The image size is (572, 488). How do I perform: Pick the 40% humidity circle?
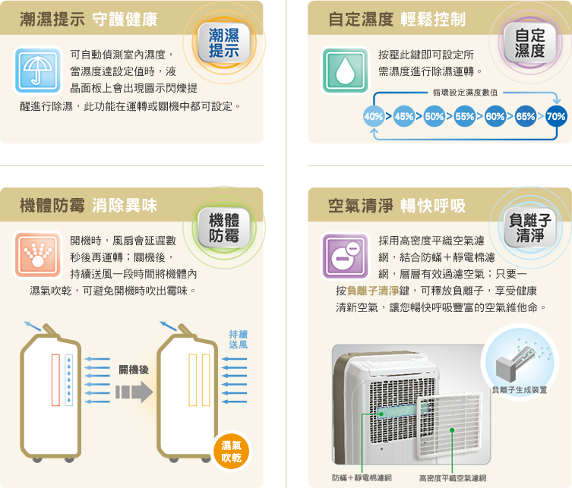click(x=374, y=117)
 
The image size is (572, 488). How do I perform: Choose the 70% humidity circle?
click(x=555, y=117)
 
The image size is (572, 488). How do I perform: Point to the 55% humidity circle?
click(x=464, y=117)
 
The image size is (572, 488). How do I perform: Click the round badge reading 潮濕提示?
click(x=224, y=43)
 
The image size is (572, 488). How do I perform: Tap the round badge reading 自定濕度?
click(x=529, y=43)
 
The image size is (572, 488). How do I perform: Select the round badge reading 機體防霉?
click(x=224, y=228)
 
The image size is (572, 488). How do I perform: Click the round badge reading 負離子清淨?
click(x=529, y=228)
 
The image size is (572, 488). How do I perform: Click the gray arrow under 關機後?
click(x=134, y=392)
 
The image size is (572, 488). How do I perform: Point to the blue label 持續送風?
click(x=238, y=339)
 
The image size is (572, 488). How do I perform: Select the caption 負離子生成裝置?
click(x=520, y=389)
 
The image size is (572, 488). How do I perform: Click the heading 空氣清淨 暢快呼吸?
click(x=397, y=205)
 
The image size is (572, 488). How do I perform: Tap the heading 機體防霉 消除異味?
click(x=88, y=205)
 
